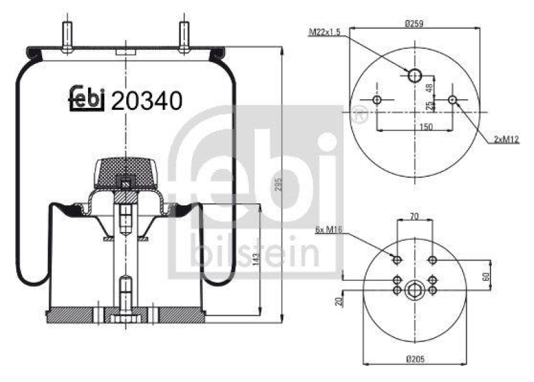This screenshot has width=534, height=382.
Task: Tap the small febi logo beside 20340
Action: tap(87, 98)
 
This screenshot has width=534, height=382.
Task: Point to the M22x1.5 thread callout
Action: tap(327, 31)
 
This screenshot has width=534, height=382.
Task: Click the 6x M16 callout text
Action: tap(328, 229)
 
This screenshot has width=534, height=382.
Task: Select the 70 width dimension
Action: tap(415, 216)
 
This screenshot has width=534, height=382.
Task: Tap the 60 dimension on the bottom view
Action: tap(486, 276)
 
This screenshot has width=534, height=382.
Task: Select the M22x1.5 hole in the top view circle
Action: tap(415, 75)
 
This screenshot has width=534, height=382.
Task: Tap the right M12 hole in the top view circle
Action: tap(453, 100)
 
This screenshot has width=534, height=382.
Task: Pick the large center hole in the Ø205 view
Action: tap(415, 290)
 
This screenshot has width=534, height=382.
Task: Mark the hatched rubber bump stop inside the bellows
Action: tap(125, 171)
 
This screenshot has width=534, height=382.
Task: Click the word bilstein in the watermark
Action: tap(255, 252)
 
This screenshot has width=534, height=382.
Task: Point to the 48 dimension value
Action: tap(431, 87)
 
